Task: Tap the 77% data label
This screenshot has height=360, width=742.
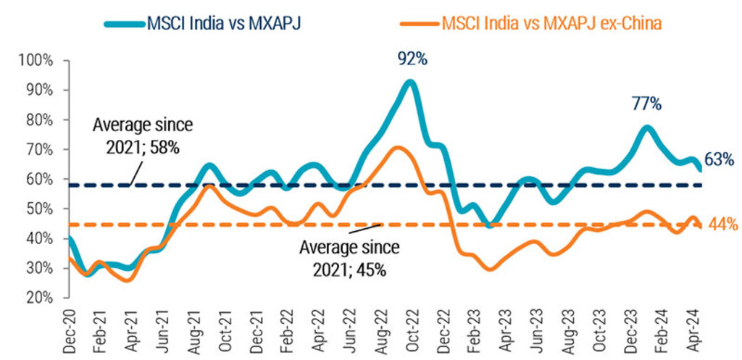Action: [646, 104]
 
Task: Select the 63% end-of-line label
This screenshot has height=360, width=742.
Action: [720, 159]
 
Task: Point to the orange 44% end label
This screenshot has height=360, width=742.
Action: [722, 225]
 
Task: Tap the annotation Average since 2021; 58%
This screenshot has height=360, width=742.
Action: [143, 135]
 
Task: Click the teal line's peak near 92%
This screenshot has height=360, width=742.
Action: [411, 82]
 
